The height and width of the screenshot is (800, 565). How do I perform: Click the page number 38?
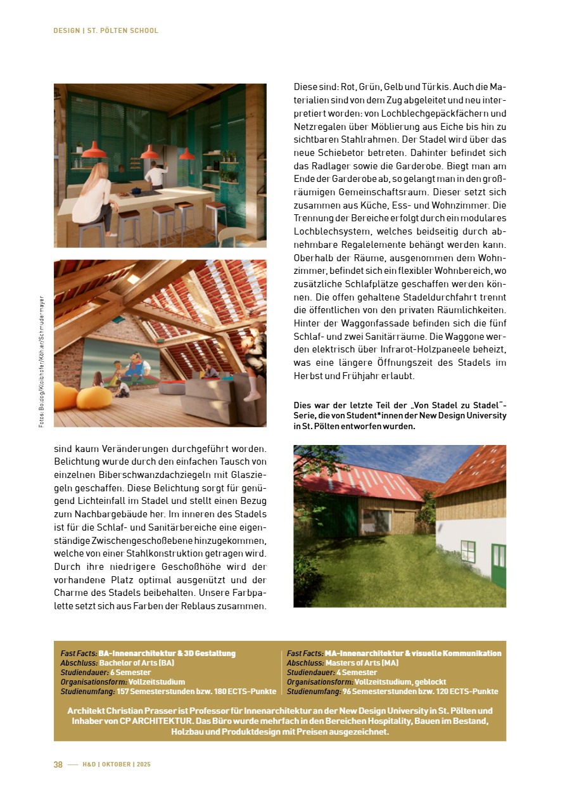58,765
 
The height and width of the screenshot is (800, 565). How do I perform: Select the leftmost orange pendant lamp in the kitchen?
94,151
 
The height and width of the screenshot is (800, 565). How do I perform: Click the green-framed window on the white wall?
467,552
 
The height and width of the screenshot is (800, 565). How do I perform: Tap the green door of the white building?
498,567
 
